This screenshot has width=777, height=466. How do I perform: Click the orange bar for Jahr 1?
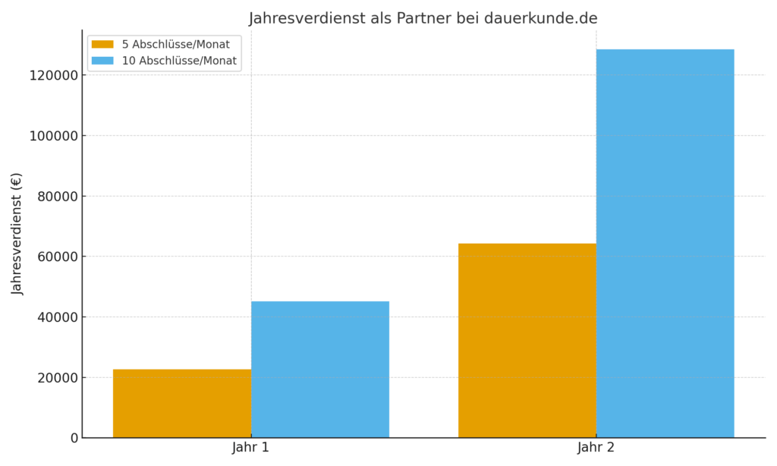(x=182, y=403)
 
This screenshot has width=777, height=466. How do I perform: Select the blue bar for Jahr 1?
(x=320, y=369)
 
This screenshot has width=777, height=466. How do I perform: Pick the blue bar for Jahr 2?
(x=665, y=243)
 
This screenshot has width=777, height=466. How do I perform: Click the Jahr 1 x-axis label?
(x=250, y=448)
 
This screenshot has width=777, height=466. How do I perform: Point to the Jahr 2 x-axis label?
(x=596, y=448)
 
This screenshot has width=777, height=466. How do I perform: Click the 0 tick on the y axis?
(x=74, y=438)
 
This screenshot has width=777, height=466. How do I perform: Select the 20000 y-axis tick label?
(x=52, y=377)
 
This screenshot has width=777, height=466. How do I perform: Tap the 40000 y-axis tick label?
(x=52, y=316)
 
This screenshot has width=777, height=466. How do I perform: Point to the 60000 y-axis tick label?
(x=52, y=257)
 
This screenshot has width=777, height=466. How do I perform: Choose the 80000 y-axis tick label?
(x=52, y=196)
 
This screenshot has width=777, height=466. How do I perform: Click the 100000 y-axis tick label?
(x=49, y=136)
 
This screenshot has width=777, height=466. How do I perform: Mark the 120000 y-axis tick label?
(x=49, y=75)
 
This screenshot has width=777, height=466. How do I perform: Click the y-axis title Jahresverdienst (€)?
(x=17, y=234)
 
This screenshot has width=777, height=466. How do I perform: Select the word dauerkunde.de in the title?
(x=540, y=18)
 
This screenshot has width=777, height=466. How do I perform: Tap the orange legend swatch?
(x=102, y=44)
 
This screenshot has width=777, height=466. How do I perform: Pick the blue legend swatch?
(x=102, y=61)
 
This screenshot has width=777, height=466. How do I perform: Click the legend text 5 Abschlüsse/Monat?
(x=175, y=44)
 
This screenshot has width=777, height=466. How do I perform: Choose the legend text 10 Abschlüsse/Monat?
(x=179, y=61)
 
